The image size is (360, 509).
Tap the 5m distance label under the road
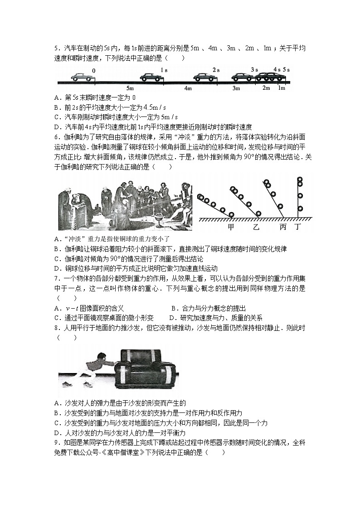click(x=130, y=88)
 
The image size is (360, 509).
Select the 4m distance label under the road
click(x=188, y=88)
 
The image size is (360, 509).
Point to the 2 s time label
click(x=216, y=70)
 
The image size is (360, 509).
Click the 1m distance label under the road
click(x=282, y=87)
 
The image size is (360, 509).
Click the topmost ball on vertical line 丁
click(x=300, y=180)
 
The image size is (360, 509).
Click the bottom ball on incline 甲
click(x=231, y=214)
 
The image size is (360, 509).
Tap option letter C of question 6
click(x=56, y=258)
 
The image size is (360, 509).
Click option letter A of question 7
click(x=56, y=308)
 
